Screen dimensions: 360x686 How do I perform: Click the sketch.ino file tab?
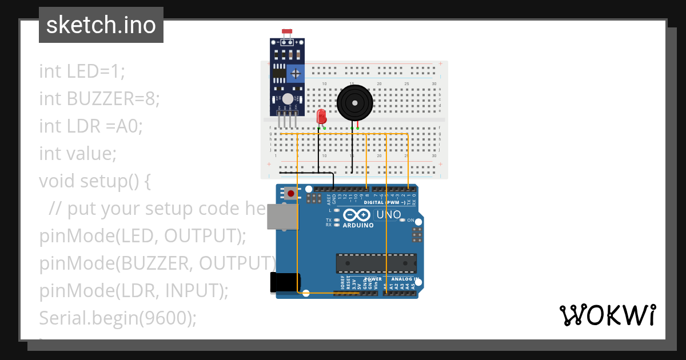click(x=101, y=25)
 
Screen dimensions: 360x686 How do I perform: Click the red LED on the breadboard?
click(x=321, y=117)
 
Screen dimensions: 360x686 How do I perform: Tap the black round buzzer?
click(x=354, y=103)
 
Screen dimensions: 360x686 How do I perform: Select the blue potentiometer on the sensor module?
click(x=295, y=73)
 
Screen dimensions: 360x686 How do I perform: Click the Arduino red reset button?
click(x=291, y=194)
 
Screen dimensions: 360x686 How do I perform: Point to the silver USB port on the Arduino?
click(x=282, y=217)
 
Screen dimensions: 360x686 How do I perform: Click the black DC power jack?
click(x=285, y=283)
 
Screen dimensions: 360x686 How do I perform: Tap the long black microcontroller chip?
click(x=376, y=263)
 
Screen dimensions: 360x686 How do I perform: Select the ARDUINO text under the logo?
click(x=358, y=225)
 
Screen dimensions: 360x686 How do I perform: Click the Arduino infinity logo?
click(x=357, y=215)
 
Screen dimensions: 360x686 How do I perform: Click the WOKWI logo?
click(x=607, y=315)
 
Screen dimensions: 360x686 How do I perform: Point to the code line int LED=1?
click(x=82, y=71)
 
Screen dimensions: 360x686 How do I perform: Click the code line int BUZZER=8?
click(x=99, y=99)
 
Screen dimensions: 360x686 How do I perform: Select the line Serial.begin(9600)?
click(x=118, y=318)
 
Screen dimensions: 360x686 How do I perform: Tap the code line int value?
click(x=78, y=154)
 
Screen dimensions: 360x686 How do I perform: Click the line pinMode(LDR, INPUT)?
click(x=134, y=290)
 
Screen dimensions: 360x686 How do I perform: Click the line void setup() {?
click(x=95, y=181)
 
